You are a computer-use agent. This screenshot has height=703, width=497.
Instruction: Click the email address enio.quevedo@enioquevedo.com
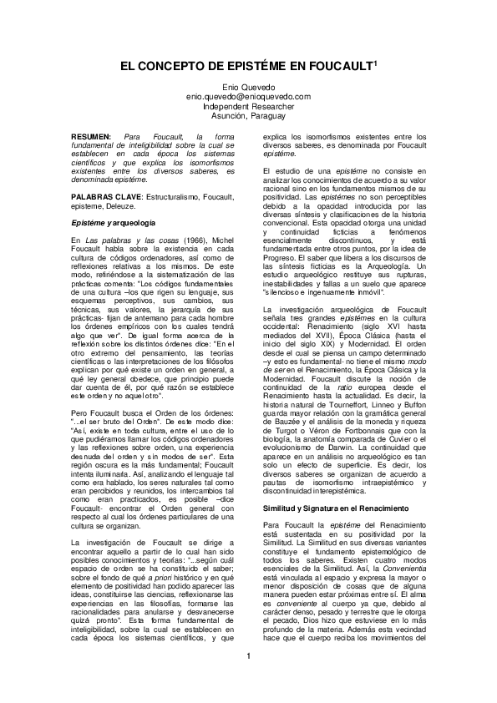tap(248, 97)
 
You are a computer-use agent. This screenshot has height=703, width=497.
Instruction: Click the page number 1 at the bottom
tap(248, 678)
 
